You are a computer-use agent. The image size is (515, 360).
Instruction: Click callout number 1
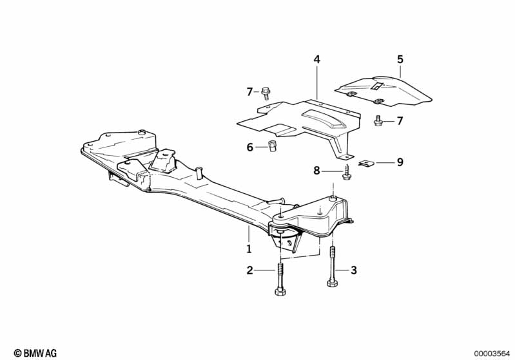coord(249,248)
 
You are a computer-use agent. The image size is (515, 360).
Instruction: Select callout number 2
coord(249,271)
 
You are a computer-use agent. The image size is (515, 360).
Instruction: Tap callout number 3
coord(353,271)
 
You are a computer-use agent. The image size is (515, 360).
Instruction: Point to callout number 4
coord(316,59)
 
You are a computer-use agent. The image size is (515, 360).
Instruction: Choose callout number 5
coord(400,59)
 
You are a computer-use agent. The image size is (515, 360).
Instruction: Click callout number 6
coord(249,147)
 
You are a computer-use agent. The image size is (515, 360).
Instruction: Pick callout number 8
coord(316,171)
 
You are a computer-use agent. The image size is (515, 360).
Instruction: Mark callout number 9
coord(400,162)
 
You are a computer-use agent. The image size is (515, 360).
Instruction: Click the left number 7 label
coord(249,92)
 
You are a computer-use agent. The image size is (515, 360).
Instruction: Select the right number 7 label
coord(400,120)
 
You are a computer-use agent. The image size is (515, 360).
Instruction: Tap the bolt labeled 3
coord(333,267)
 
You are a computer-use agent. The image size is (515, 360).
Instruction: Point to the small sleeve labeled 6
coord(272,147)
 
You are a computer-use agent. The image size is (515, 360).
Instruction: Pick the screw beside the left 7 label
coord(266,93)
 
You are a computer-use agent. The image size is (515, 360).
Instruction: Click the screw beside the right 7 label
coord(379,120)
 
